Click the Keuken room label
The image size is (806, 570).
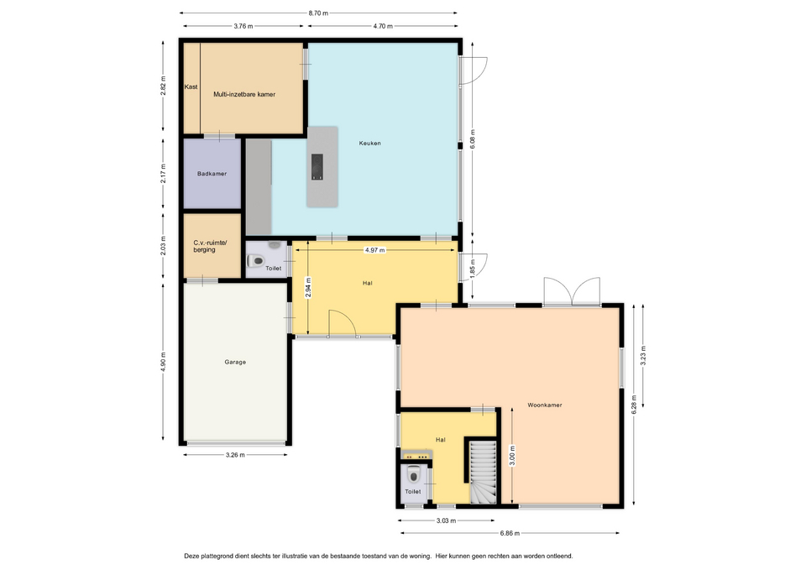point(369,144)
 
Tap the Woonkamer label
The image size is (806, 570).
point(545,405)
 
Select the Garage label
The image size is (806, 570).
point(235,362)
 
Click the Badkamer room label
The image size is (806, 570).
point(212,174)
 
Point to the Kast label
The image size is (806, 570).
point(191,86)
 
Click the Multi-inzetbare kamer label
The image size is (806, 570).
point(244,95)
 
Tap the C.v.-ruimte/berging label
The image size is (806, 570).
point(210,246)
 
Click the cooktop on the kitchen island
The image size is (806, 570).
point(317,167)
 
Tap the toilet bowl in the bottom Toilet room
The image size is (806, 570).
point(414,474)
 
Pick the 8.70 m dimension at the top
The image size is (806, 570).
point(318,13)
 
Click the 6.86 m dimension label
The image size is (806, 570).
point(510,533)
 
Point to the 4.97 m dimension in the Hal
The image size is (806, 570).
point(374,250)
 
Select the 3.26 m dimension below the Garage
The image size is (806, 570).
point(235,455)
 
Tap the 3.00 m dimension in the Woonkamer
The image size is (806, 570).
point(512,456)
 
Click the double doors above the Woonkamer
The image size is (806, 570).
point(572,291)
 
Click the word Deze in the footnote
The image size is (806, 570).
point(191,556)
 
